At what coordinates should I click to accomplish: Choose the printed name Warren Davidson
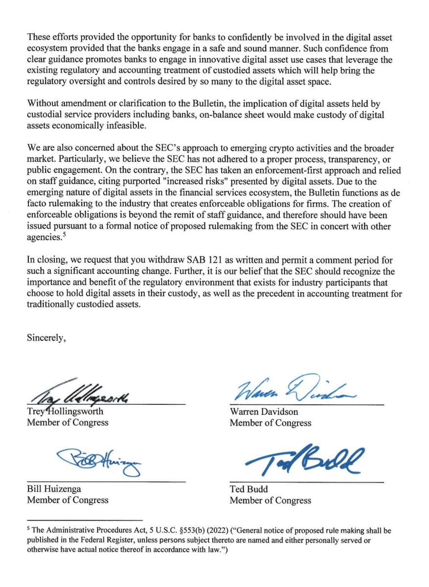click(264, 412)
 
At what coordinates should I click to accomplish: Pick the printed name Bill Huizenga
click(54, 489)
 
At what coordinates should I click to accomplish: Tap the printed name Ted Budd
click(248, 489)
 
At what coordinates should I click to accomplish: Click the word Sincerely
click(46, 338)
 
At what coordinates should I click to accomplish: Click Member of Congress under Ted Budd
click(270, 500)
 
